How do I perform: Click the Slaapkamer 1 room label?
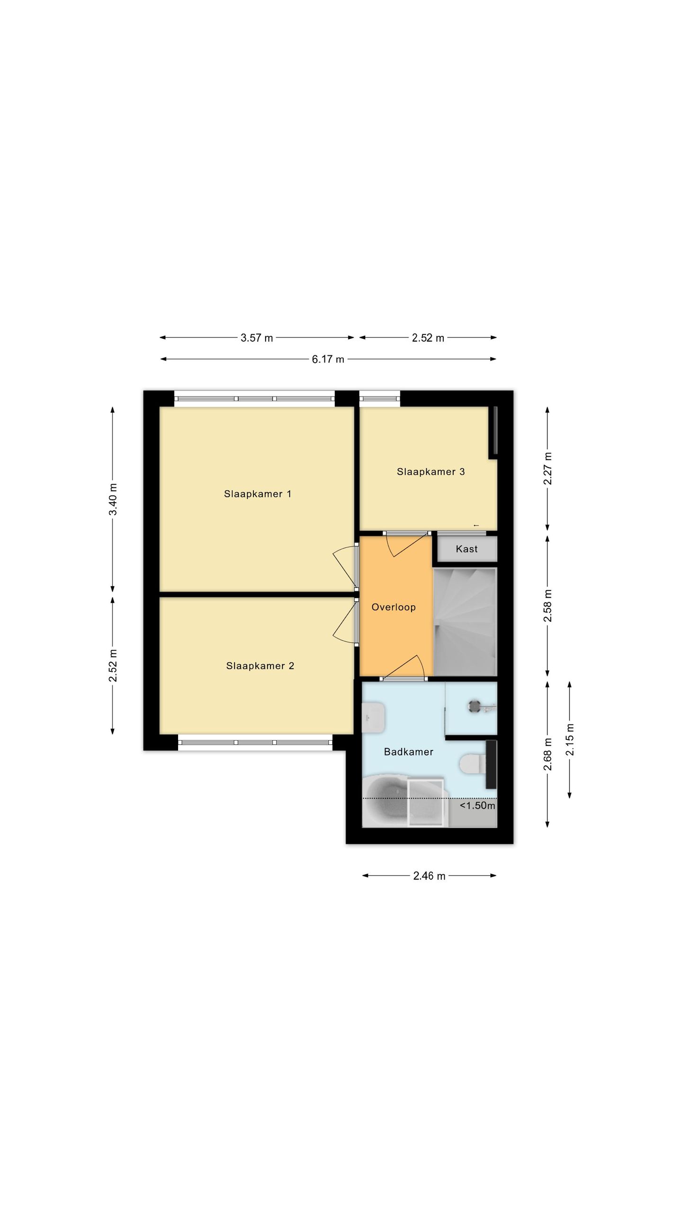coord(258,494)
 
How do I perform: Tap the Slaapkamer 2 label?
coord(260,666)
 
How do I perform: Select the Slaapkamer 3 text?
coord(431,471)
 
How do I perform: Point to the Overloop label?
coord(394,607)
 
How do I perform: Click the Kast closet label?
coord(467,549)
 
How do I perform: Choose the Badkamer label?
coord(409,751)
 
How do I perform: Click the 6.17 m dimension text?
coord(328,359)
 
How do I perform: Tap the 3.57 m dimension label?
coord(257,338)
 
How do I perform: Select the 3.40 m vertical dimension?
coord(113,499)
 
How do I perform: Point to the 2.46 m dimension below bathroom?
coord(429,876)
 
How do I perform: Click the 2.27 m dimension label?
coord(547,468)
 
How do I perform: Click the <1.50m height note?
coord(477,806)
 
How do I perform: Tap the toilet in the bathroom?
coord(471,764)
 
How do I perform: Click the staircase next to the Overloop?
coord(465,622)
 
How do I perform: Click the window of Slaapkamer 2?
coord(255,742)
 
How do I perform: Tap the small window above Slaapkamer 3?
coord(379,398)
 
